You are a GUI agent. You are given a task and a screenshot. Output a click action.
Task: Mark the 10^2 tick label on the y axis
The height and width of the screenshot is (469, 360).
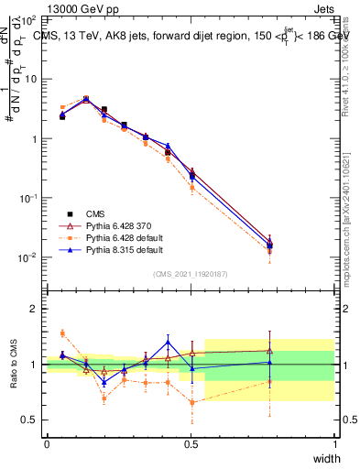pos(28,19)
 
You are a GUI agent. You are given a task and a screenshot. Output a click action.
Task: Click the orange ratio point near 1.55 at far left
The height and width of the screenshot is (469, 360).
pos(62,333)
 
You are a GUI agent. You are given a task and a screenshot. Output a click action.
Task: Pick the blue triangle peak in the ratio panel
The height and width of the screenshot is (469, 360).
pos(168,342)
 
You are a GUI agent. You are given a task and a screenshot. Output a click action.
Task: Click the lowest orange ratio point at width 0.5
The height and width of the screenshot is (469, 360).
pos(191,402)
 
